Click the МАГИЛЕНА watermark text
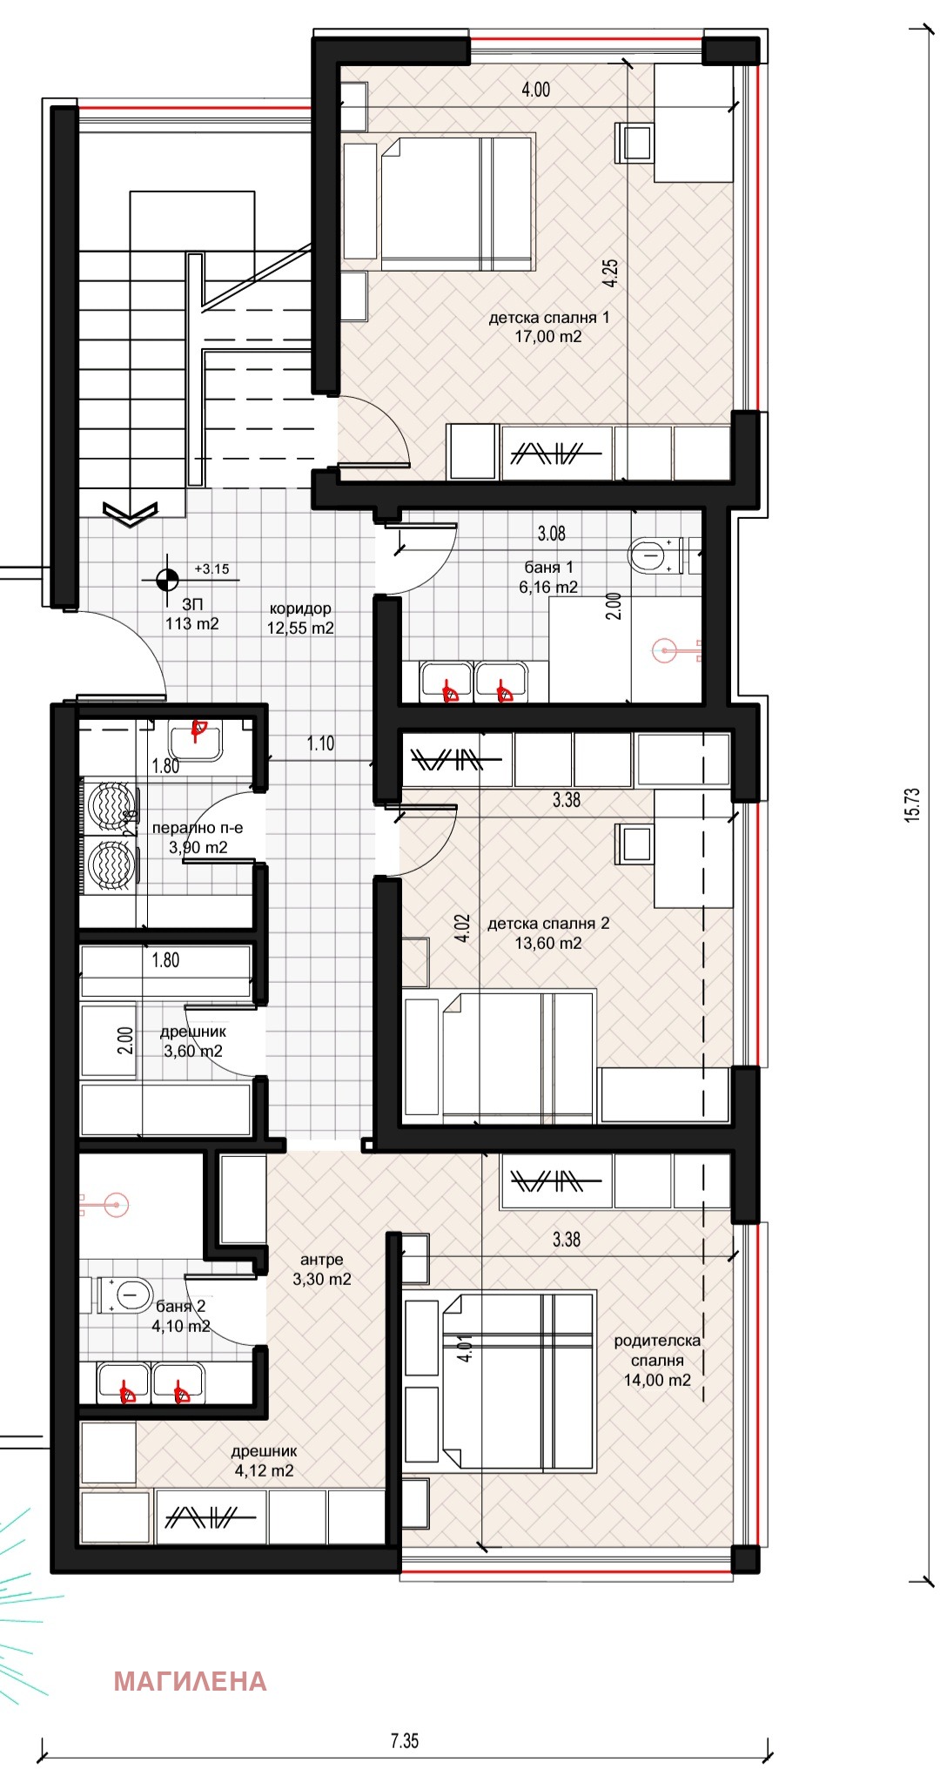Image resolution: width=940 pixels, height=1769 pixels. (190, 1681)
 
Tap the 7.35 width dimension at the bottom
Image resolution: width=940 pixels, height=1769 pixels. (405, 1740)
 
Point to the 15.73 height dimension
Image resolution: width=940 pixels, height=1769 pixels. (911, 805)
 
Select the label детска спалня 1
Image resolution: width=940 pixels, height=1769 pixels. (549, 318)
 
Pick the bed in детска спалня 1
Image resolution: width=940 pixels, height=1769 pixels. (457, 202)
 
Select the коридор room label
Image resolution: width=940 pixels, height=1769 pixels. (300, 609)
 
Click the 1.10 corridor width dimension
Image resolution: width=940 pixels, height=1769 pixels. (320, 743)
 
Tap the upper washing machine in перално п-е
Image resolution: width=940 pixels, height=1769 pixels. (111, 805)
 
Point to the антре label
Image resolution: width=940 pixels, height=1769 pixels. (322, 1260)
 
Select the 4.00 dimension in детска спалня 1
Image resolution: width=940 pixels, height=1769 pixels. (535, 90)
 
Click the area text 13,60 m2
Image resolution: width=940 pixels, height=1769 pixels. (548, 943)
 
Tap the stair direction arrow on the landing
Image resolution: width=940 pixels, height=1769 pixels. (130, 514)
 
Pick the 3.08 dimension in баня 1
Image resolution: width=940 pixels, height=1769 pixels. (552, 533)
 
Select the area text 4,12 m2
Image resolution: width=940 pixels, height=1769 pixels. (265, 1470)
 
